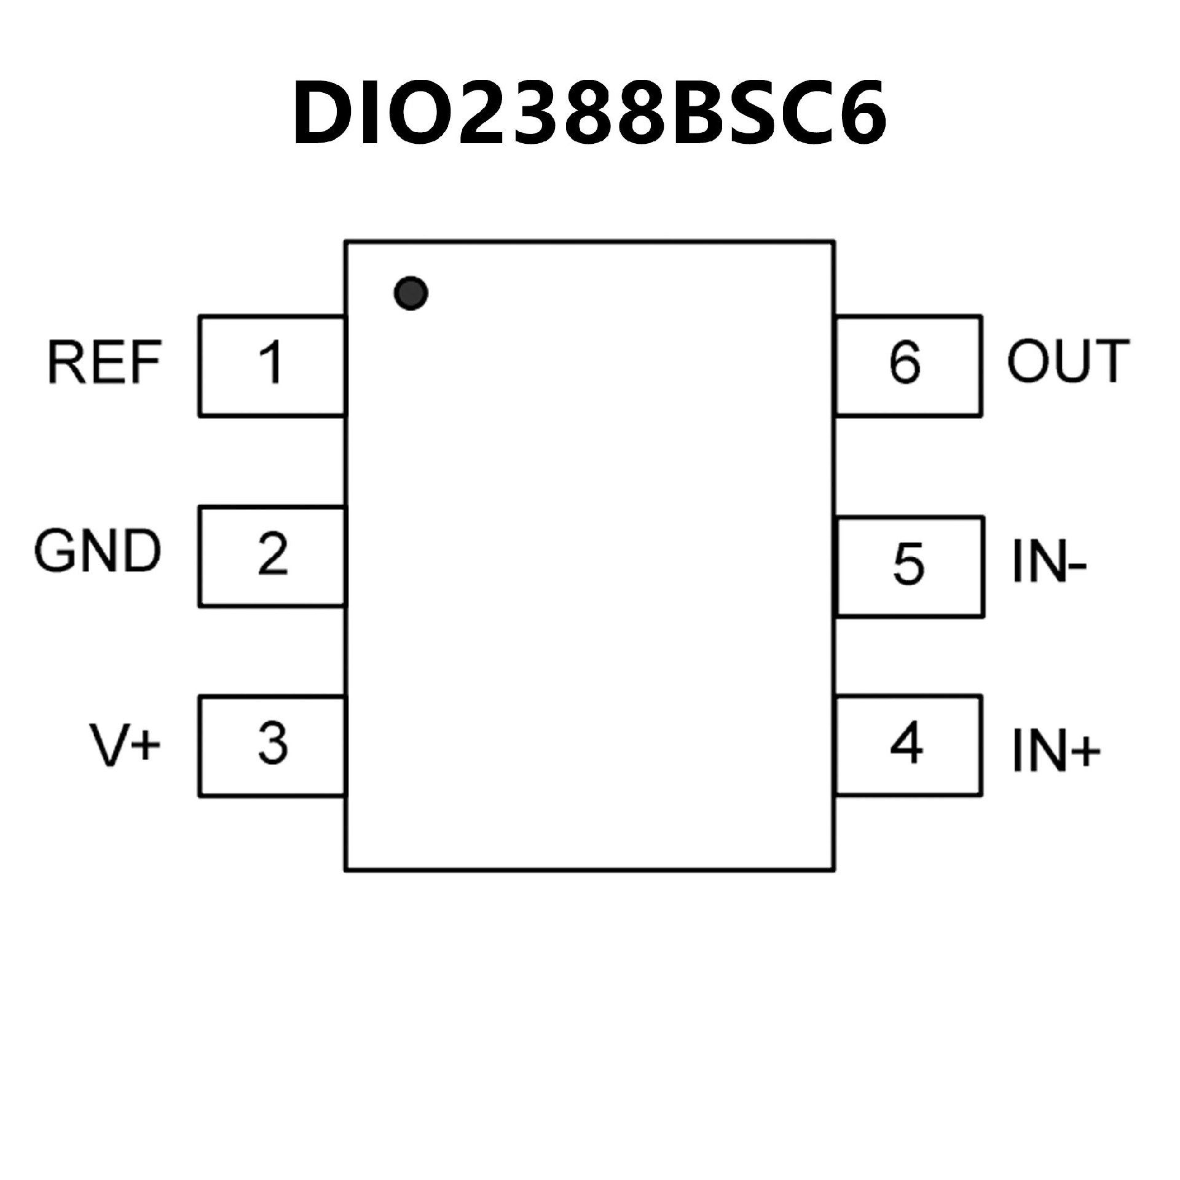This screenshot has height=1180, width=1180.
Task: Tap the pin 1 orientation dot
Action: tap(411, 293)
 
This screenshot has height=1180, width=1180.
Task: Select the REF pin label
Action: tap(104, 363)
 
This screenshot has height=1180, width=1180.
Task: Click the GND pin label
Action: tap(97, 551)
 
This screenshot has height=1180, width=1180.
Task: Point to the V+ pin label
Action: tap(125, 745)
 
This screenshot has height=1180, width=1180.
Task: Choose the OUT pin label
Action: tap(1068, 361)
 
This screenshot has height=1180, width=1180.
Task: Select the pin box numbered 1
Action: tap(272, 366)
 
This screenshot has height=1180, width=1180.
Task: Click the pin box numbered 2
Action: tap(272, 556)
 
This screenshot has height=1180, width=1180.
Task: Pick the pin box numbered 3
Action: tap(272, 746)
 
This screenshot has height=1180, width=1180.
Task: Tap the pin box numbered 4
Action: tap(908, 746)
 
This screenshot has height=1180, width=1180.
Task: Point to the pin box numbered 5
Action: tap(910, 566)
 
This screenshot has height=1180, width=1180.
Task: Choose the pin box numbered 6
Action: tap(908, 366)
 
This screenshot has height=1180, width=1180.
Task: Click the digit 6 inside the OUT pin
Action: tap(905, 363)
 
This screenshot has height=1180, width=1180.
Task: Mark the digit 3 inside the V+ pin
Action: tap(273, 744)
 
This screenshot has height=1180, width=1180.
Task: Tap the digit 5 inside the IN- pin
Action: tap(908, 564)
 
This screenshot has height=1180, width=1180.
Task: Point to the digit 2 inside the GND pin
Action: tap(273, 554)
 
